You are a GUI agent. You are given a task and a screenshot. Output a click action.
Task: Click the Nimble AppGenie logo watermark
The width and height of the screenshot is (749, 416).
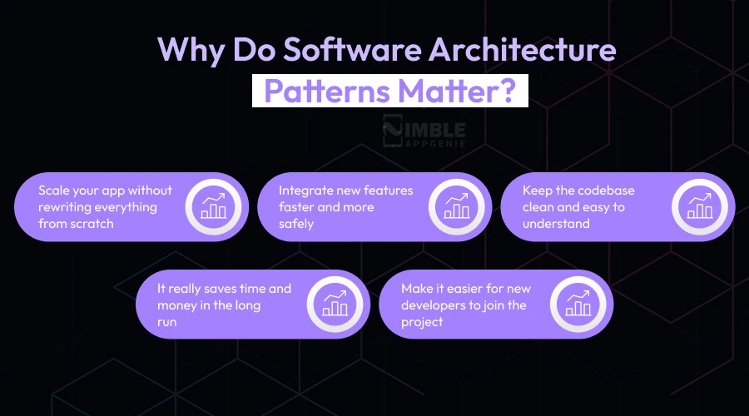[424, 132]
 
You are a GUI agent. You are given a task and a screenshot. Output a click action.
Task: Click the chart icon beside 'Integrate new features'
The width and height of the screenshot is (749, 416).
[455, 206]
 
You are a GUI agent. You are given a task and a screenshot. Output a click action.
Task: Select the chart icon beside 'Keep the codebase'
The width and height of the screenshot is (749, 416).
[699, 206]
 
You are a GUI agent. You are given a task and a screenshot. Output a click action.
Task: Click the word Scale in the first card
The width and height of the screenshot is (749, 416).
[54, 190]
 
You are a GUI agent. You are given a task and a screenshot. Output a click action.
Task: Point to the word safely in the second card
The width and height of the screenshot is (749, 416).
[296, 223]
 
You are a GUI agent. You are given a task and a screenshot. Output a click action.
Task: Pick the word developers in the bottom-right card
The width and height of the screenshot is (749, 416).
[434, 305]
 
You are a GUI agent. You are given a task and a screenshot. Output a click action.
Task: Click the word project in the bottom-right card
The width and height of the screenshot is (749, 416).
[422, 321]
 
